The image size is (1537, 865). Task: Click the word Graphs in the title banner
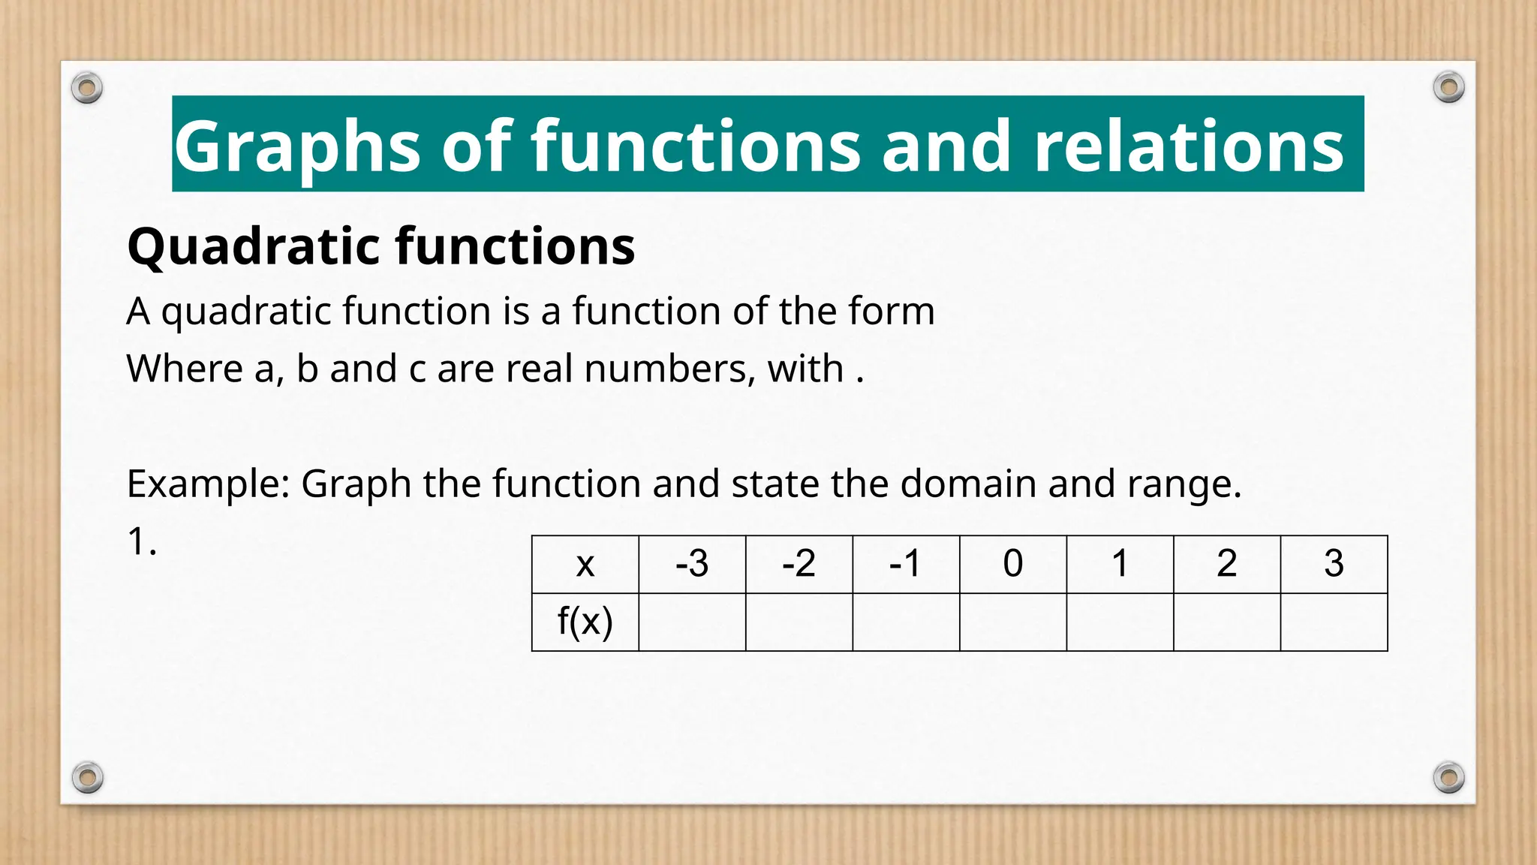point(297,147)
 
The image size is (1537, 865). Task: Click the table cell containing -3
point(691,564)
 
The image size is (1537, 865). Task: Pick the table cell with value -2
point(799,564)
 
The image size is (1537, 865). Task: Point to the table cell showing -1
point(905,564)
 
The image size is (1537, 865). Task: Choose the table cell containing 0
point(1012,564)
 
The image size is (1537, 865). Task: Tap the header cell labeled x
point(585,564)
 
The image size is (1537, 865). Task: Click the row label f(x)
point(585,622)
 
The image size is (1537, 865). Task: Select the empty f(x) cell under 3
point(1333,622)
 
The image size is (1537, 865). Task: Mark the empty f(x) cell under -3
point(691,622)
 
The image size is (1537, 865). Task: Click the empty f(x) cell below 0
point(1012,622)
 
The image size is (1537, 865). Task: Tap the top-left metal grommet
point(87,89)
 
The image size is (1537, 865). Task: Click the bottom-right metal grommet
point(1448,777)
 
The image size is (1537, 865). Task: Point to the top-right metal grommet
point(1448,87)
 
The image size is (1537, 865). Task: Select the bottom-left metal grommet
point(87,777)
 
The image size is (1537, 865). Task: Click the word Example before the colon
point(204,484)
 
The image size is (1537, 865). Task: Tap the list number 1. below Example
point(142,541)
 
